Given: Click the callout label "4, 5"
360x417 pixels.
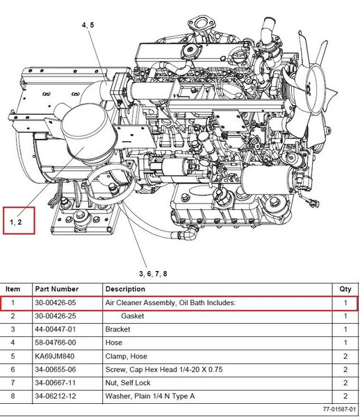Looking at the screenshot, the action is pos(88,25).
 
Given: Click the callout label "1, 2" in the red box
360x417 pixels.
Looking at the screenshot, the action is pos(16,222).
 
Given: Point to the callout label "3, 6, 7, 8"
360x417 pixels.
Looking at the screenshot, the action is pos(153,274).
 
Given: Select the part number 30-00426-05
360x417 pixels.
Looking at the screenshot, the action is pos(56,302).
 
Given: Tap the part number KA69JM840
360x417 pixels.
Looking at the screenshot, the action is pos(54,356).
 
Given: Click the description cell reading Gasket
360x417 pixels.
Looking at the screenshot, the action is pos(133,316).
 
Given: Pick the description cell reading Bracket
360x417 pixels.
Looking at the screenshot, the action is pos(117,329).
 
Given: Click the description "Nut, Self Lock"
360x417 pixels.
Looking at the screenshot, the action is pos(128,383).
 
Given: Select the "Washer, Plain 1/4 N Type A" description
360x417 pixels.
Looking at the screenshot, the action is pos(150,396).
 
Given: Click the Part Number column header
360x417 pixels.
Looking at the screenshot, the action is pos(57,289).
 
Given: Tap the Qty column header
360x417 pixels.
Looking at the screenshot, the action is pos(345,289).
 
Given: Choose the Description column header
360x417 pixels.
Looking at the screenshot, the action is pos(125,289).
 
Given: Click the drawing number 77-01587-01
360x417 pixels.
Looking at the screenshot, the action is pos(340,409).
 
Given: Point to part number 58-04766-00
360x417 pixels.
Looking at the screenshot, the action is pos(56,343).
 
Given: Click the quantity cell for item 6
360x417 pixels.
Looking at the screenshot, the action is pos(345,370).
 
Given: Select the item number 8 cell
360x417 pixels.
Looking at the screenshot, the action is pos(13,396).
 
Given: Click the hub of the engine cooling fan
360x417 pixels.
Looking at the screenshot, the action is pos(310,89).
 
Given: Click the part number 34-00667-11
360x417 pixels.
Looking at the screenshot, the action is pos(56,383).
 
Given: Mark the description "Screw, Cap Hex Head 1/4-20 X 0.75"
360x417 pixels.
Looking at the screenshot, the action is pos(164,370).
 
